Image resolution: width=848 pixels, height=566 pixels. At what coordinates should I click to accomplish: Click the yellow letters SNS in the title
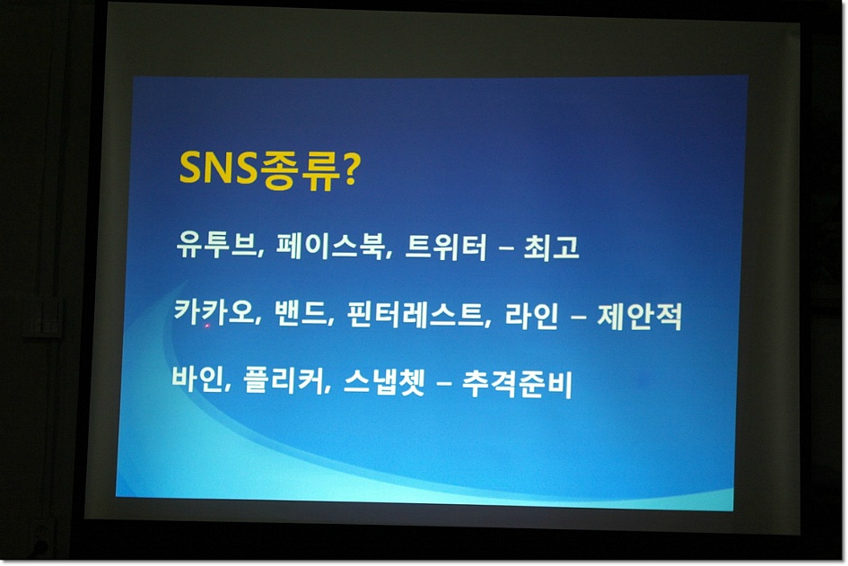point(218,168)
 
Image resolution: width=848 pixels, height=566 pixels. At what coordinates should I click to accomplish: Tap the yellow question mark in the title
point(350,170)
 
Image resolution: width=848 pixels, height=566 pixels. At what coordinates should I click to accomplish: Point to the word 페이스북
point(329,246)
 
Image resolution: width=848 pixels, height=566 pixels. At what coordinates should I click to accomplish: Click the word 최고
point(551,248)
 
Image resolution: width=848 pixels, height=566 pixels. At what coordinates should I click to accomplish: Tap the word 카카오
point(214,311)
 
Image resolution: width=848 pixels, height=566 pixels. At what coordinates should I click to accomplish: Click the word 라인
point(531,316)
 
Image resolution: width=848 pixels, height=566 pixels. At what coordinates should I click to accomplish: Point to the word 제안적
point(639,317)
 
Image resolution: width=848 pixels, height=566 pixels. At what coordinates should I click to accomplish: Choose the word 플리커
point(284,380)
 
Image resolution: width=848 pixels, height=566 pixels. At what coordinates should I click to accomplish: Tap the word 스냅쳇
point(384,381)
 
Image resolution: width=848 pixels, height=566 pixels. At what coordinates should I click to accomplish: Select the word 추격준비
point(517,383)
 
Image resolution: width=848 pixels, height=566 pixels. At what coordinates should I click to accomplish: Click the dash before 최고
point(505,249)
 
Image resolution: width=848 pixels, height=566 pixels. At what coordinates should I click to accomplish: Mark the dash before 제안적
point(578,318)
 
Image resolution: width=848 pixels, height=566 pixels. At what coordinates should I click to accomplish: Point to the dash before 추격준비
point(443,385)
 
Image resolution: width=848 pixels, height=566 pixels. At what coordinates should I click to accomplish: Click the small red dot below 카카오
point(206,326)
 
